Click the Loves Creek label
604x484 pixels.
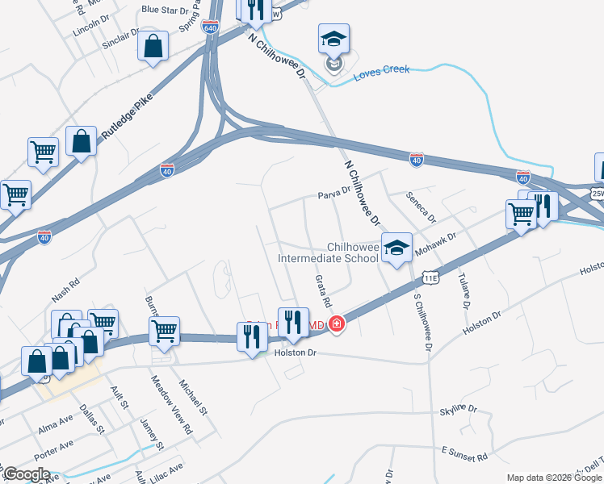pyautogui.click(x=382, y=69)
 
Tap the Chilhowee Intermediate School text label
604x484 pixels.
pyautogui.click(x=328, y=253)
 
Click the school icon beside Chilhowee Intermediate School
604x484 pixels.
pyautogui.click(x=396, y=248)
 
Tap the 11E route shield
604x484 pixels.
pyautogui.click(x=431, y=278)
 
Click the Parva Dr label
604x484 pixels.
pyautogui.click(x=333, y=194)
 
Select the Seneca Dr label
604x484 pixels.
pyautogui.click(x=421, y=207)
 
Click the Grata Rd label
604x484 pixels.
pyautogui.click(x=322, y=290)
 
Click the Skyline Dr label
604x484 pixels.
pyautogui.click(x=459, y=410)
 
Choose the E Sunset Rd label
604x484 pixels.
pyautogui.click(x=464, y=453)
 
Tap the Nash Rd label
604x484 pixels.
pyautogui.click(x=66, y=290)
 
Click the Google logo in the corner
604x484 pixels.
pyautogui.click(x=27, y=474)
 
